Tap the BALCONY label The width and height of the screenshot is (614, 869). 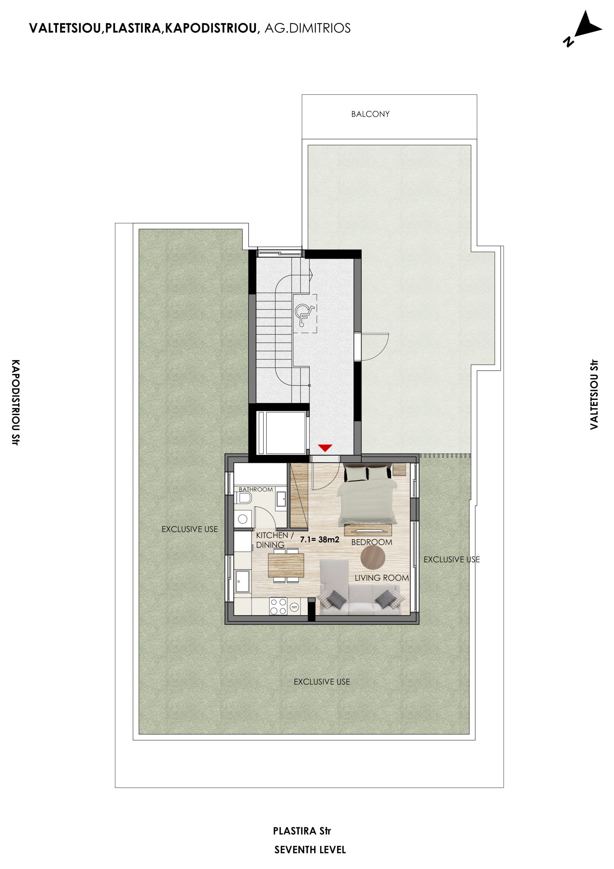pyautogui.click(x=370, y=114)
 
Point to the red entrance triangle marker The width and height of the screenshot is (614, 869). pyautogui.click(x=325, y=448)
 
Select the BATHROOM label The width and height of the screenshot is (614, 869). pyautogui.click(x=256, y=489)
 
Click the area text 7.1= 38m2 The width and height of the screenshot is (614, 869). pyautogui.click(x=319, y=540)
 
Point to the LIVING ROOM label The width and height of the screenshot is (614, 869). pyautogui.click(x=381, y=578)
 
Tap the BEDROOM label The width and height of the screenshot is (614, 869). pyautogui.click(x=371, y=542)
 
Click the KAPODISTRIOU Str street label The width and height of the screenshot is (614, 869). pyautogui.click(x=15, y=402)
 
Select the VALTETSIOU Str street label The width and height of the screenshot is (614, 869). pyautogui.click(x=594, y=394)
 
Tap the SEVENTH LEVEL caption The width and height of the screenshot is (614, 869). pyautogui.click(x=310, y=850)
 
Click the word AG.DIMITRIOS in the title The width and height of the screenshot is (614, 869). pyautogui.click(x=307, y=28)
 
